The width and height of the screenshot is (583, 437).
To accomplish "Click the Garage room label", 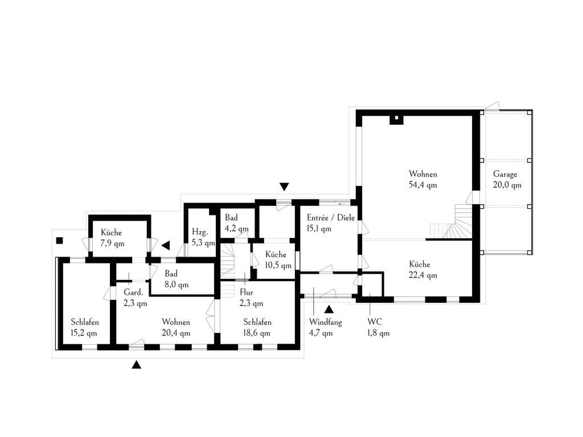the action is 505,174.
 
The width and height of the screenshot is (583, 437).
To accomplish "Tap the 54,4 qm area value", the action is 423,185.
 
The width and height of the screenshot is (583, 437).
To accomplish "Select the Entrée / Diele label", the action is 331,218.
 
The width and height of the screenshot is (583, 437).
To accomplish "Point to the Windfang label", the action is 325,322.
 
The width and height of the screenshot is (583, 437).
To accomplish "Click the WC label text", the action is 375,322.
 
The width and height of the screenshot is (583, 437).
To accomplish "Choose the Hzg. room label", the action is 200,232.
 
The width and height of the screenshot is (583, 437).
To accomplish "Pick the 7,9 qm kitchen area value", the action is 112,244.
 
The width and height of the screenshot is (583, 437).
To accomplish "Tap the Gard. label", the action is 133,292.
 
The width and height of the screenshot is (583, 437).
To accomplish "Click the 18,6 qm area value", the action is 257,333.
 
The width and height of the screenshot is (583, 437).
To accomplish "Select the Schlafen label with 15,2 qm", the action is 85,322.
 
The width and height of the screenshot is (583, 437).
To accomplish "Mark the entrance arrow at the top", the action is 284,187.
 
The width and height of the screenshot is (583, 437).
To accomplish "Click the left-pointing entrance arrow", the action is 166,245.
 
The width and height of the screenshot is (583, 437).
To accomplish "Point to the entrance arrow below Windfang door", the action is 329,309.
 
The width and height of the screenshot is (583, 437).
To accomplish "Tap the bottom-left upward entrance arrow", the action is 137,365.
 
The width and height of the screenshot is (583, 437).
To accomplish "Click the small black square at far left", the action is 59,241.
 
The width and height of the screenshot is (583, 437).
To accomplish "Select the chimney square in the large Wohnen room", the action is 396,119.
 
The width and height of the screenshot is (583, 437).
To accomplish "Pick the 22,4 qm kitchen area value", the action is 423,275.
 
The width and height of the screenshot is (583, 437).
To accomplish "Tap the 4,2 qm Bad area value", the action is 236,229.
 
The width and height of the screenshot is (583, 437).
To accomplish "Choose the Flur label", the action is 246,292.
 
